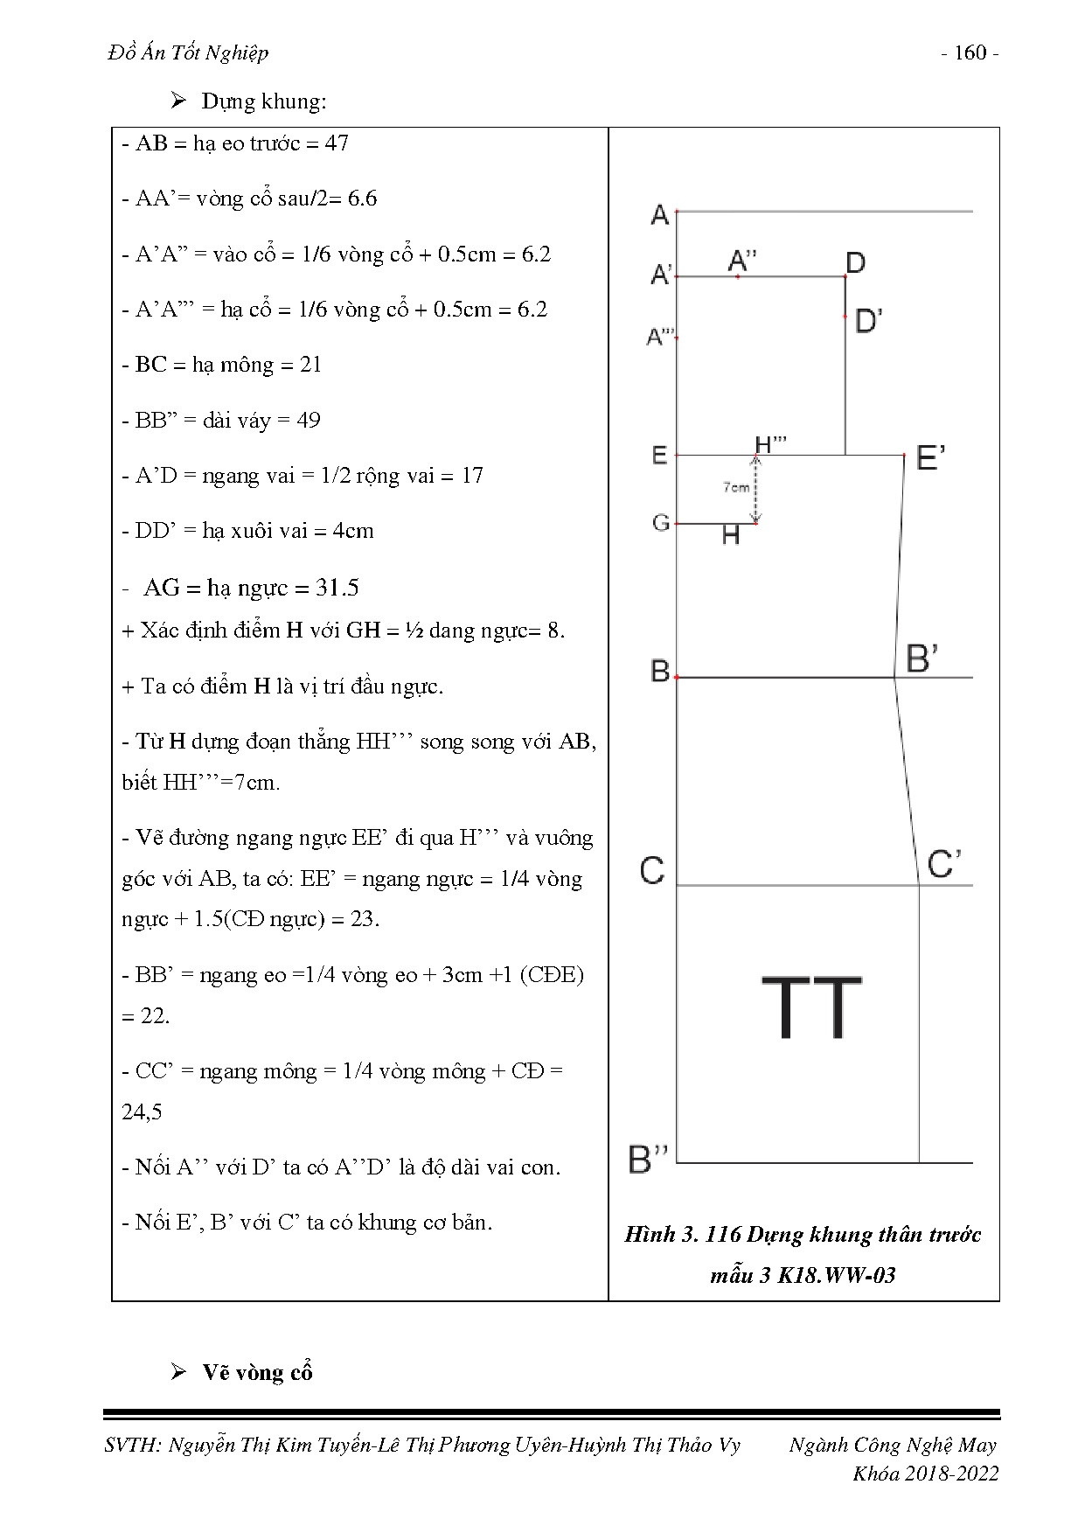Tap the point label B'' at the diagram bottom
(648, 1159)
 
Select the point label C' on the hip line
(944, 864)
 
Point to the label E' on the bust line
(929, 456)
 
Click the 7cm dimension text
(736, 487)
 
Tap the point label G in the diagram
(660, 522)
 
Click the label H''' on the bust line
(770, 444)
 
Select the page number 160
(970, 53)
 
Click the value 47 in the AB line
(337, 143)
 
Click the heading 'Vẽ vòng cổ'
(257, 1372)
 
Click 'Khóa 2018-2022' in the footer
(925, 1474)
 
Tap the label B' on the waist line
(922, 658)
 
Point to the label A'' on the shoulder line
(742, 260)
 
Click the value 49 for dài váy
(309, 421)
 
